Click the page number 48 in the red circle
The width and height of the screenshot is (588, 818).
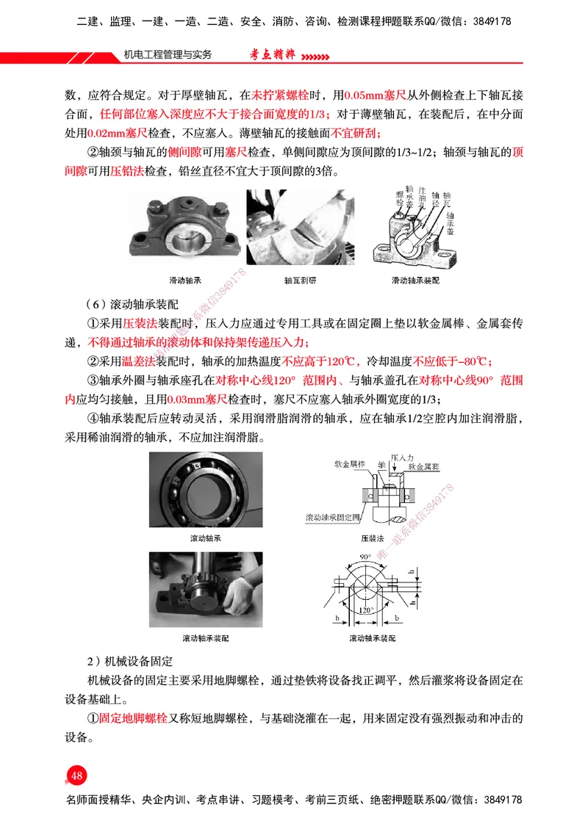(77, 775)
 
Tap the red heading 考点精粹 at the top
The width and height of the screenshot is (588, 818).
(272, 55)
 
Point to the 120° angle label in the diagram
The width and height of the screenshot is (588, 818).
(365, 609)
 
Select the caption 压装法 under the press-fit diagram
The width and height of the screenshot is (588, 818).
(373, 538)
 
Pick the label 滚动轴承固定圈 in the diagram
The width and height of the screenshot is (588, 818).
(332, 518)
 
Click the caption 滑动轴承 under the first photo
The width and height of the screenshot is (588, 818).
(185, 280)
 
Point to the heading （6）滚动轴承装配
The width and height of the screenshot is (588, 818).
(132, 304)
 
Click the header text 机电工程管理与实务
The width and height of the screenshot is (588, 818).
(168, 55)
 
